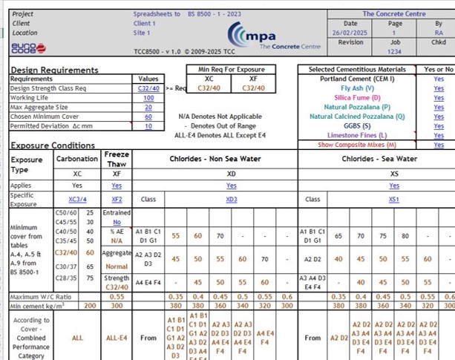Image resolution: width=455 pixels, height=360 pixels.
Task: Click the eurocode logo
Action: coord(28,48)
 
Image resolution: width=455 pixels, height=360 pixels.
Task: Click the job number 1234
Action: coord(394,51)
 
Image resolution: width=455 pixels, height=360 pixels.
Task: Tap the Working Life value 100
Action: coord(148,98)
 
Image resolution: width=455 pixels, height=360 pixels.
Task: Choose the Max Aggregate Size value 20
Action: coord(148,108)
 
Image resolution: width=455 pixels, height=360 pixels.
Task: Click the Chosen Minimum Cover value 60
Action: coord(148,117)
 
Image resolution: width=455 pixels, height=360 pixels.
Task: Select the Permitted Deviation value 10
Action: coord(148,126)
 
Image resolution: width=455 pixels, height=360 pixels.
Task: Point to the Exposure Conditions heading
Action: coord(58,145)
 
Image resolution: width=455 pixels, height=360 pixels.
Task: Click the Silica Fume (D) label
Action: coord(357,98)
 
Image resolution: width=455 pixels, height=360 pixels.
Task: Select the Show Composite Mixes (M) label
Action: coord(357,145)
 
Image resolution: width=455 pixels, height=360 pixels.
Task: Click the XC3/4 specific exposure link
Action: coord(77,200)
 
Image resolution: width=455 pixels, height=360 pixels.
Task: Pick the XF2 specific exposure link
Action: coord(117,200)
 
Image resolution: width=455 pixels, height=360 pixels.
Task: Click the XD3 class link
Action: coord(232,200)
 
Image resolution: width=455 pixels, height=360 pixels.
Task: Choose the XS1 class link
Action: coord(394,200)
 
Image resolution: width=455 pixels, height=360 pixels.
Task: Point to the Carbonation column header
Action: coord(77,159)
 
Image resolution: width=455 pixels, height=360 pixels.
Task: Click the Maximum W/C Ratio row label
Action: coord(41,297)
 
